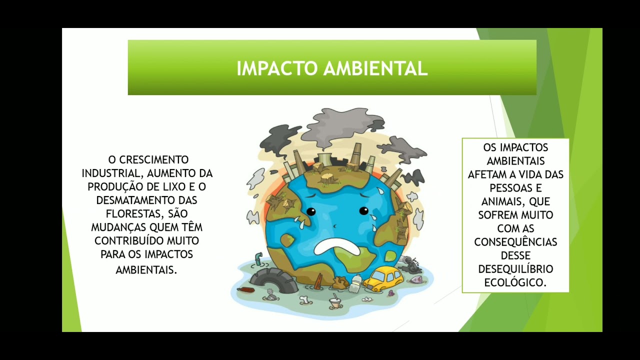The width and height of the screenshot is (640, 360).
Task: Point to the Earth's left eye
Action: click(x=311, y=211)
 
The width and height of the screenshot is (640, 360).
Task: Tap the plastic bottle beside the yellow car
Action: click(x=355, y=283)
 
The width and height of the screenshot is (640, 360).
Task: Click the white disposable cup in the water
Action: click(x=334, y=302)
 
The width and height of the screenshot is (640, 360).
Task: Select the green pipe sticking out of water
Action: click(x=258, y=258)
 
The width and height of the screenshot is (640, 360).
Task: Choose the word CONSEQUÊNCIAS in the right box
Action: click(x=515, y=242)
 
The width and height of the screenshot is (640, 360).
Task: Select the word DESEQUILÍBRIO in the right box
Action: click(x=515, y=269)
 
